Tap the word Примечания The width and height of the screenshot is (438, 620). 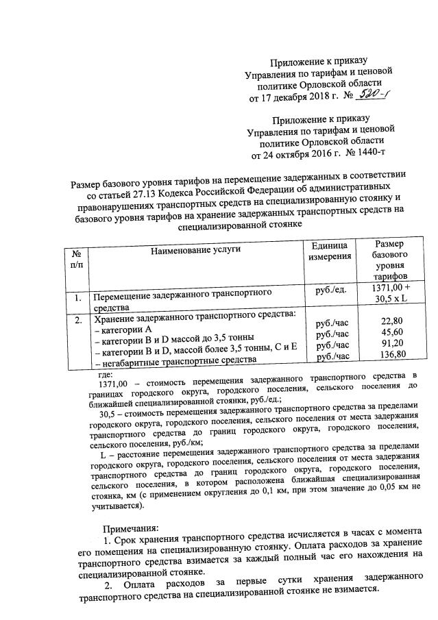tap(131, 528)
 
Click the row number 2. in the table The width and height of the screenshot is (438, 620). tap(78, 319)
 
